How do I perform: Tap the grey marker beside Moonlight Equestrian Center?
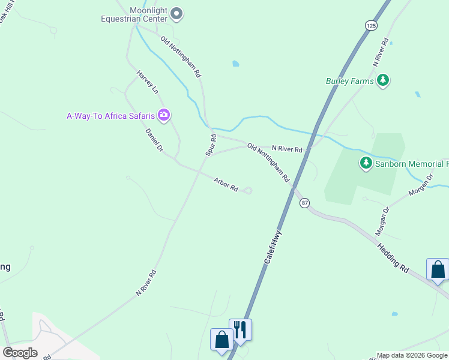point(176,13)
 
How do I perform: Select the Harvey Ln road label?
point(148,82)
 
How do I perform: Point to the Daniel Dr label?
point(154,139)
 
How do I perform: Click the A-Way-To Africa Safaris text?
point(110,115)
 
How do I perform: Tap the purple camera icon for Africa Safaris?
point(163,115)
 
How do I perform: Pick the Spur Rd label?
point(211,145)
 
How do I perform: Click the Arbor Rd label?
point(226,184)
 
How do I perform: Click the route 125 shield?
point(370,25)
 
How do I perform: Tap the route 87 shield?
point(305,203)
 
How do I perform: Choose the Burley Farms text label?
point(349,81)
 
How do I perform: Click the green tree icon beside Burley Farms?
point(383,81)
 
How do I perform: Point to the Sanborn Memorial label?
point(412,163)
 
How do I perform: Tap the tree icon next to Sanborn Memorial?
point(366,163)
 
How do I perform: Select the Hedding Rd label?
point(393,258)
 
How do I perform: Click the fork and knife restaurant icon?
point(240,329)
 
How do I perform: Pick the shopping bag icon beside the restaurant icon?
point(221,339)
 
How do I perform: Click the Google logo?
point(20,353)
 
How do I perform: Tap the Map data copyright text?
point(412,355)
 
